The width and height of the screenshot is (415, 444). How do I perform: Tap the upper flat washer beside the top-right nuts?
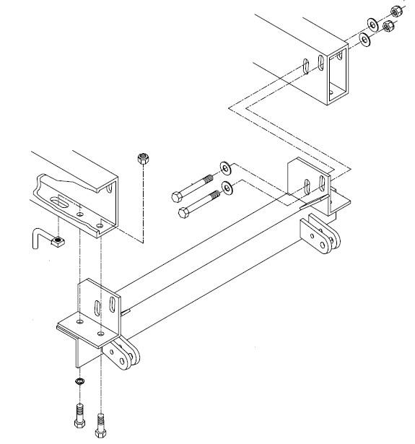tap(372, 24)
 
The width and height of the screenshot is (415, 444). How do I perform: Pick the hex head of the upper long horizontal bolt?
tap(178, 195)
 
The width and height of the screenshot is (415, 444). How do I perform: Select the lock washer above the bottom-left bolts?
tap(78, 380)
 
